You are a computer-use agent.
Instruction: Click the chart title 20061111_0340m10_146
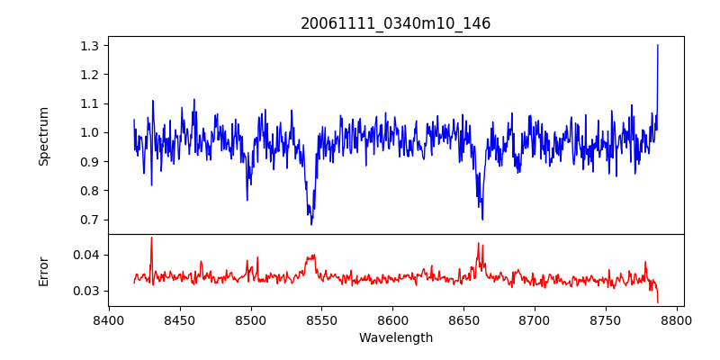pos(395,23)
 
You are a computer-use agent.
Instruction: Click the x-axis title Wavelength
pos(395,338)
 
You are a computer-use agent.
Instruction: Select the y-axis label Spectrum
pos(44,136)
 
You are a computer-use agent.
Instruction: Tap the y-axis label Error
pos(44,271)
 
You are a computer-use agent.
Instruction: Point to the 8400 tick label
pos(109,319)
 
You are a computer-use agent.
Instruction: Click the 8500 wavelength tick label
pos(251,319)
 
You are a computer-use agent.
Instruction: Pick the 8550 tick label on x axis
pos(322,319)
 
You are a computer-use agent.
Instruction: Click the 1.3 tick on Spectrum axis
pos(91,45)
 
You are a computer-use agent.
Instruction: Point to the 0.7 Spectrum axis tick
pos(91,220)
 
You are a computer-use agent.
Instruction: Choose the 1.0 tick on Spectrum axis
pos(91,132)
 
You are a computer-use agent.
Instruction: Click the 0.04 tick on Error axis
pos(87,255)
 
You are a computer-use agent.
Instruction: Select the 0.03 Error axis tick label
pos(87,291)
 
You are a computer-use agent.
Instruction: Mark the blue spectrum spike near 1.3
pos(658,46)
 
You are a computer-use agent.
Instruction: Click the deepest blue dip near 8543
pos(311,223)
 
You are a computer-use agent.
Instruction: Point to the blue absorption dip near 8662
pos(481,219)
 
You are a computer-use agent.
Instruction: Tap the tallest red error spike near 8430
pos(151,238)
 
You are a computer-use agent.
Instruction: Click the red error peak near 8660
pos(479,244)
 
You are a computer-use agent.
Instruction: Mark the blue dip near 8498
pos(247,199)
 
